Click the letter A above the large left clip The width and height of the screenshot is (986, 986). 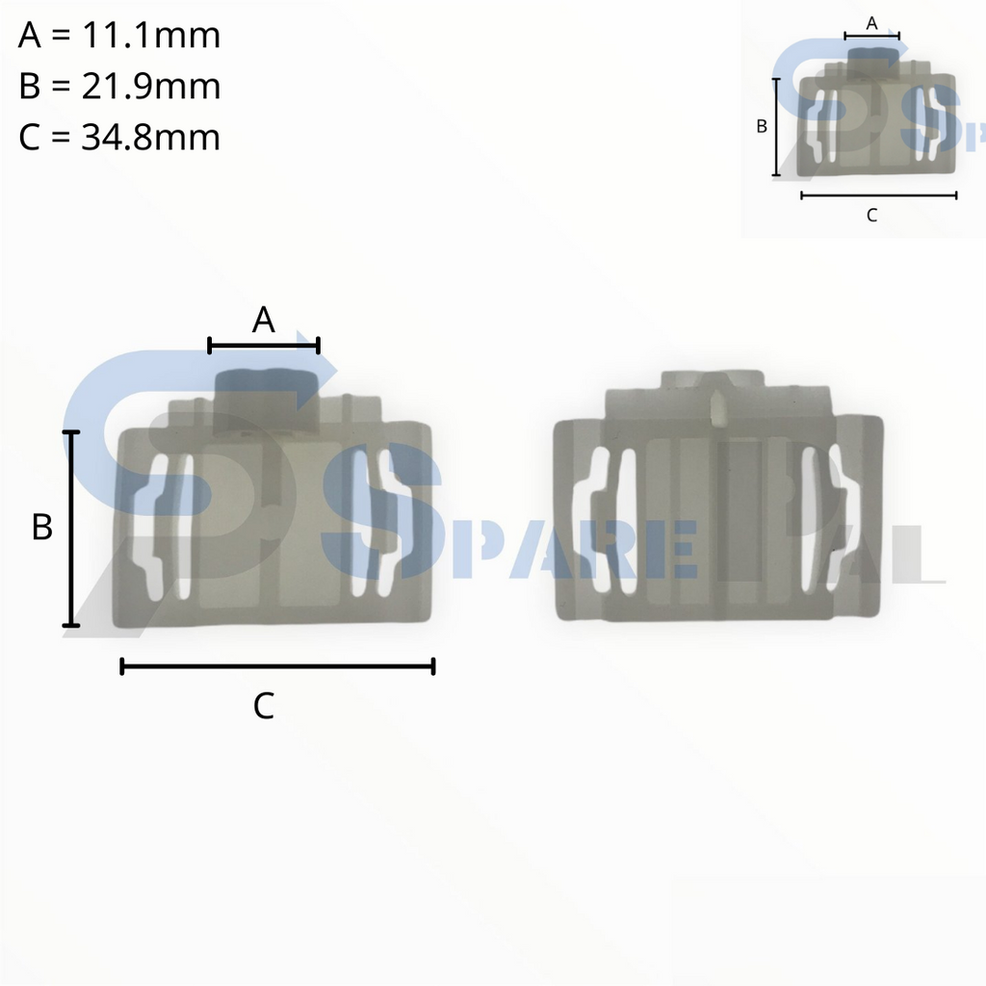click(x=264, y=321)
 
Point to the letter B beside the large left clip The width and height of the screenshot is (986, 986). click(x=41, y=528)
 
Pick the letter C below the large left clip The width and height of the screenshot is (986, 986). click(x=264, y=706)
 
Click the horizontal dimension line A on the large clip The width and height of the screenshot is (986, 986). click(x=264, y=344)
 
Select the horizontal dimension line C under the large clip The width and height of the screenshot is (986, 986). click(x=277, y=665)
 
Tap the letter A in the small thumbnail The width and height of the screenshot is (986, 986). click(x=872, y=23)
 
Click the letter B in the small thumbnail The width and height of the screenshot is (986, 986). click(x=761, y=126)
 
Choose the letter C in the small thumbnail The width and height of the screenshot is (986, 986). click(x=871, y=216)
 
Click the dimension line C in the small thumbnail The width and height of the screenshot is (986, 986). click(x=878, y=195)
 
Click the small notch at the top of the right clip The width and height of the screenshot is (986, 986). click(x=717, y=408)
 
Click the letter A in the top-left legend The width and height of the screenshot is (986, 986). click(x=30, y=37)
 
